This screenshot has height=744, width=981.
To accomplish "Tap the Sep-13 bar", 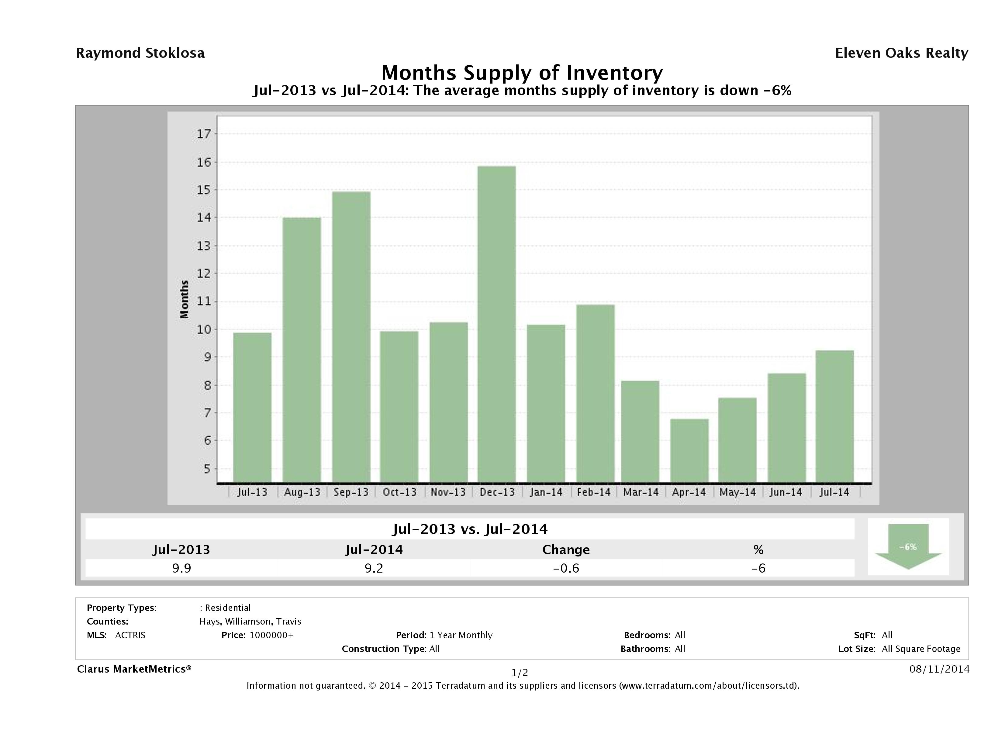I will coord(351,337).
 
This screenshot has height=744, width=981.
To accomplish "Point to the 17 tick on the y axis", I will coord(204,134).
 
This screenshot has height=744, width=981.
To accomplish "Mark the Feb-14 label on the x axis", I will coord(593,492).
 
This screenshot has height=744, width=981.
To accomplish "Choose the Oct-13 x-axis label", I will coord(399,492).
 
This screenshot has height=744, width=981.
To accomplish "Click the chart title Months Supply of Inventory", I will coord(522,73).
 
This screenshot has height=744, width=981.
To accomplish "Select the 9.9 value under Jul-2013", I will coord(181,568).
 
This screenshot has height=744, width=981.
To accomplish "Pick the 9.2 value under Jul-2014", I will coord(374,568).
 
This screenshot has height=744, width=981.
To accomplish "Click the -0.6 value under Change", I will coord(566,568).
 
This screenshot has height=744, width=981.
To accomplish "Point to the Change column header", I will coord(566,550).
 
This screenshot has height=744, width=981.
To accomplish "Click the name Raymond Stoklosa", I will coord(140,53).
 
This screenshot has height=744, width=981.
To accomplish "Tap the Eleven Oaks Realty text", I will coord(901,53).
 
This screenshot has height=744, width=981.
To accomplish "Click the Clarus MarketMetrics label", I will coord(134,669).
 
